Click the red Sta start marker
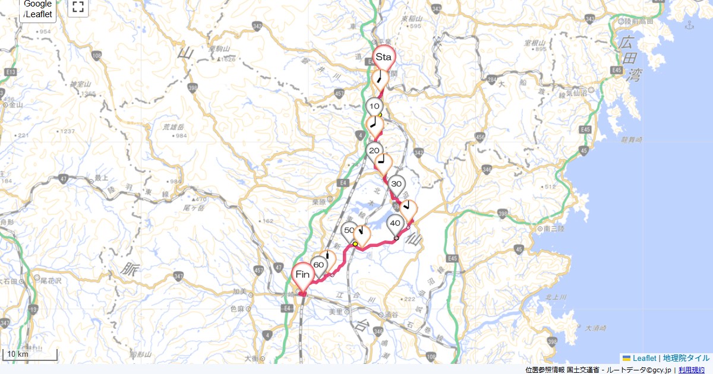coord(383,58)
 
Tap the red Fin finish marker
coord(303,275)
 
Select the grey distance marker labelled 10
coord(374,107)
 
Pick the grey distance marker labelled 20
coord(374,151)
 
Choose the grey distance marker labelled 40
coord(395,224)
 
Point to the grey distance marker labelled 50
coord(349,230)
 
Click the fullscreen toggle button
coord(78,7)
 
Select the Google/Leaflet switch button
coord(38,9)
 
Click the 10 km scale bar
coord(30,355)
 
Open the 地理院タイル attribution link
coord(686,358)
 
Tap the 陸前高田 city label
coord(639,21)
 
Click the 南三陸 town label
coord(553,228)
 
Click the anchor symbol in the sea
coord(689,25)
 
